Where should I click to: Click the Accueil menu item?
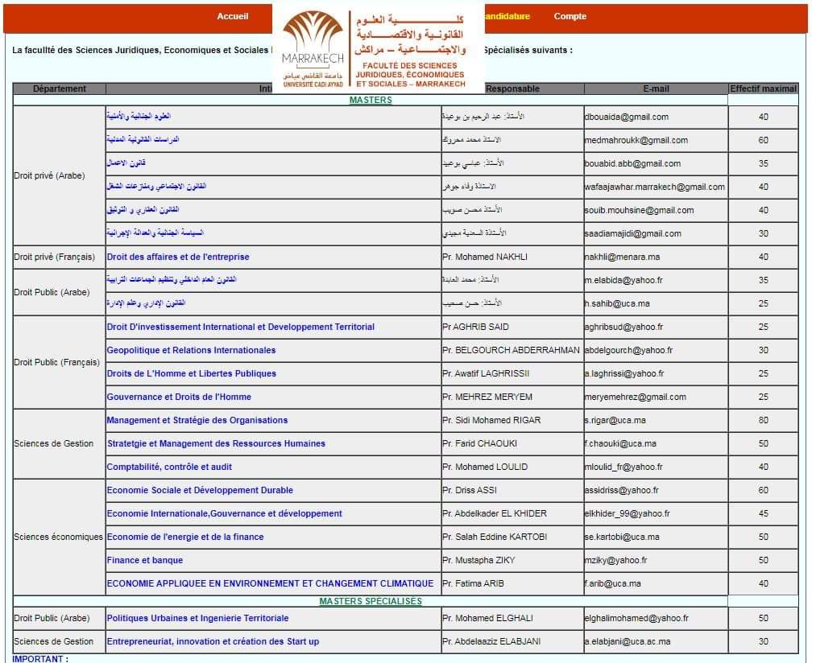coord(233,17)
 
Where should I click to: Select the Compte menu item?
coord(570,17)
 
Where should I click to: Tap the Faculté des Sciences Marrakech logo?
coord(378,50)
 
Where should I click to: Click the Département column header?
coord(60,89)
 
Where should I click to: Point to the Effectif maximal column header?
coord(763,89)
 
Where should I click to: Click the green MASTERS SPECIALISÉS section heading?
coord(371,601)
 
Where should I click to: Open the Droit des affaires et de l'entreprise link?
coord(178,257)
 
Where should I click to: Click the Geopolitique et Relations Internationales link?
coord(191,350)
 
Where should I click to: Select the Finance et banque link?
coord(145,560)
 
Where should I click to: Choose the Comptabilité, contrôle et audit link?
coord(169,467)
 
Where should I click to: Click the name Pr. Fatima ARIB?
coord(473,583)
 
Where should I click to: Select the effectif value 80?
coord(763,420)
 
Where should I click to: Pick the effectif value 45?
coord(763,513)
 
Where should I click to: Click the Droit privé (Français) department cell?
coord(54,257)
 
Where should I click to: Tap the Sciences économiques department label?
coord(58,537)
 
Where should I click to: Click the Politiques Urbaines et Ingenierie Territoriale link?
coord(197,618)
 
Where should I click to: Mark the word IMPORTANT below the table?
coord(38,659)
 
